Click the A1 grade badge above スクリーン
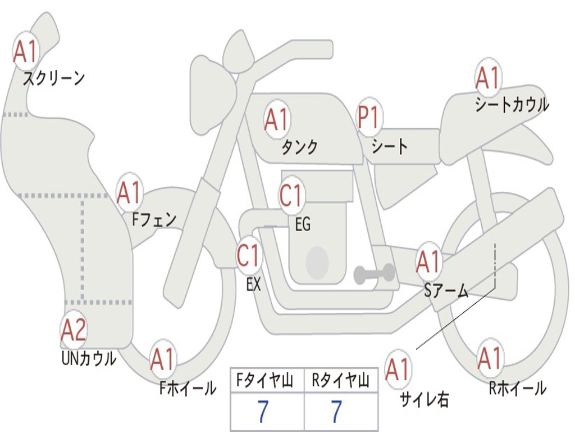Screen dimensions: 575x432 tap(25, 51)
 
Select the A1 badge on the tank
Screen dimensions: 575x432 tap(276, 119)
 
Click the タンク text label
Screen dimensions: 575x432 tap(299, 147)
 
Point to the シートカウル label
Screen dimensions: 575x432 tap(512, 105)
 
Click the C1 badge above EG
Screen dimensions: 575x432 tap(291, 196)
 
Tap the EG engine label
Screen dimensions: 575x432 tap(303, 224)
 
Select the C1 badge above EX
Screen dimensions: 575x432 tap(249, 256)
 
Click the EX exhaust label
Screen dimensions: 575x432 tap(254, 285)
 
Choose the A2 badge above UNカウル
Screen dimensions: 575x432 tap(74, 330)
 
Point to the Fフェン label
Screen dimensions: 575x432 tap(154, 219)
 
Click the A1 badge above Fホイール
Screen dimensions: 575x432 tap(163, 359)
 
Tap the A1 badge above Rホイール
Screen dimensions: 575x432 tap(490, 358)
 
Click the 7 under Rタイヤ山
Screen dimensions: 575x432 tap(337, 412)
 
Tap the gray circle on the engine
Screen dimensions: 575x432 tap(317, 262)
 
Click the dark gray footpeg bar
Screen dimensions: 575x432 tap(373, 274)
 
